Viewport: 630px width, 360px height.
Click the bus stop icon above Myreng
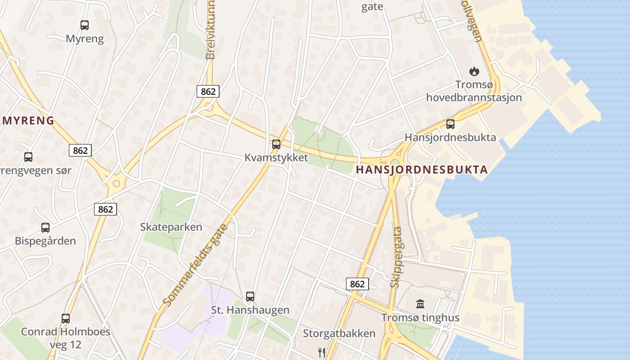(x=85, y=25)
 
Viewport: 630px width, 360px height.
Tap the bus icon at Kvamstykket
(x=276, y=144)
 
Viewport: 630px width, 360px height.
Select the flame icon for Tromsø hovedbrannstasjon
(x=474, y=71)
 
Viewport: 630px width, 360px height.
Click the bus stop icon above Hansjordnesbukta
(x=450, y=124)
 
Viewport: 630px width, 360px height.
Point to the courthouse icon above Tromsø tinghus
(x=420, y=304)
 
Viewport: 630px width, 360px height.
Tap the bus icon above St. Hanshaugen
(x=250, y=297)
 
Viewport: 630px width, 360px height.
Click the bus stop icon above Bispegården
(x=45, y=228)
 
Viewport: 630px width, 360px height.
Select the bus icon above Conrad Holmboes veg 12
(x=66, y=319)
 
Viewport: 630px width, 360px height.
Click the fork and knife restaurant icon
(x=322, y=352)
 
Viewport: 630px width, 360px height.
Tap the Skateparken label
(x=171, y=227)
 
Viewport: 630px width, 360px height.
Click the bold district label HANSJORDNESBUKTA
(x=422, y=170)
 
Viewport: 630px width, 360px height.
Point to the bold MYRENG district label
(x=29, y=121)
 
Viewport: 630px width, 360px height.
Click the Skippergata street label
(x=396, y=257)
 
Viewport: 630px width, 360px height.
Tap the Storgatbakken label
(x=339, y=333)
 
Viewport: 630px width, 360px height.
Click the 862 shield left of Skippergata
(x=357, y=284)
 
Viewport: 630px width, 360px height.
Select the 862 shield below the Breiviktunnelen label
(x=208, y=91)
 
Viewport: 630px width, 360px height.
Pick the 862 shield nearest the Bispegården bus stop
(x=105, y=209)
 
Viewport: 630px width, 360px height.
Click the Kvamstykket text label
(x=276, y=157)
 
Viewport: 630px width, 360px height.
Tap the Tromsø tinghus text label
(x=420, y=318)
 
